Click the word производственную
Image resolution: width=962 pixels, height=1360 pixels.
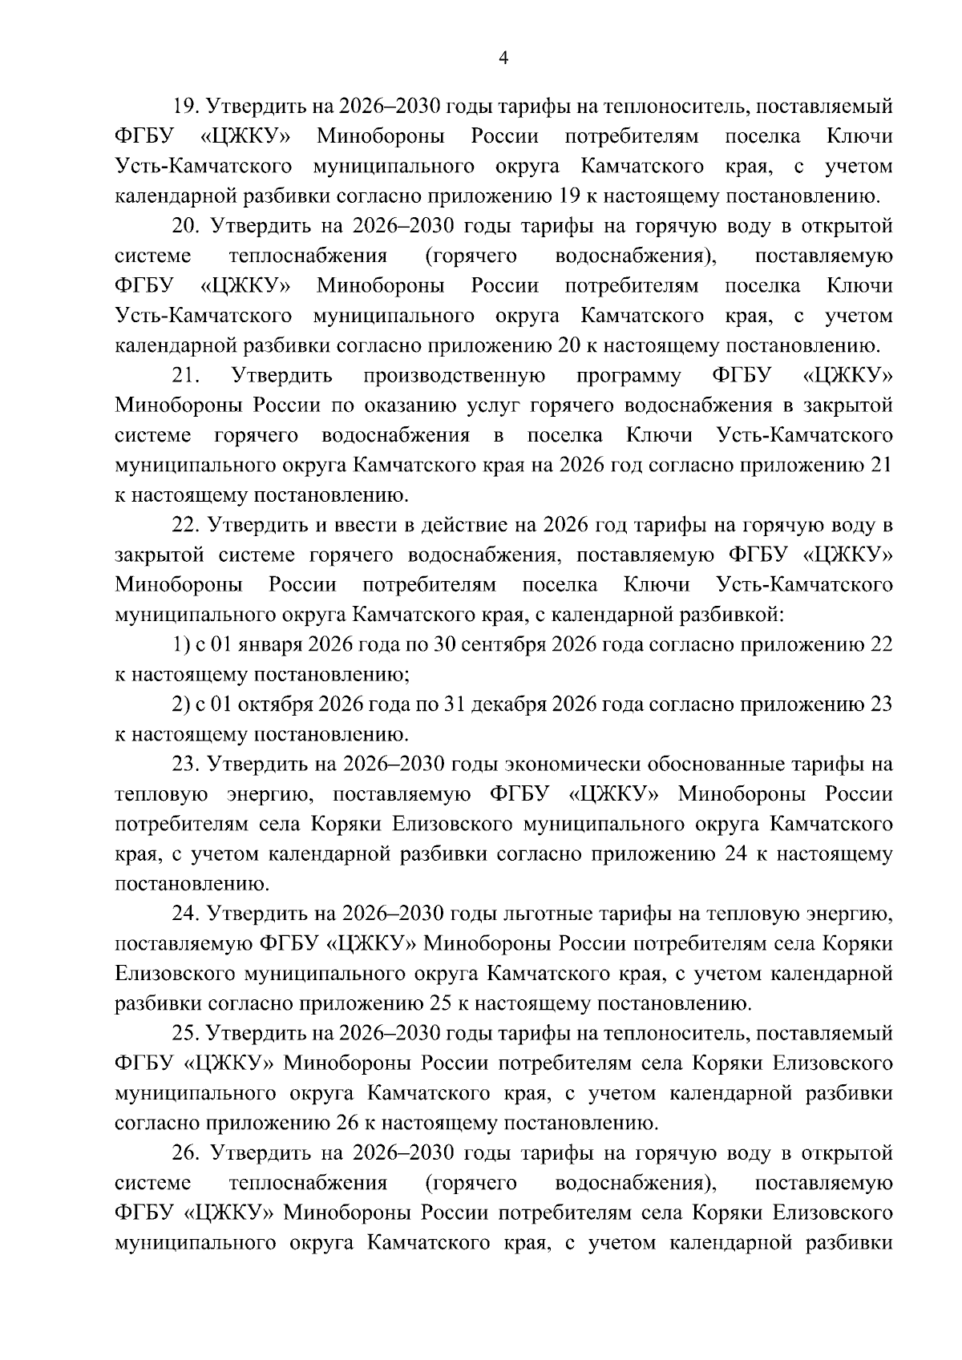(455, 376)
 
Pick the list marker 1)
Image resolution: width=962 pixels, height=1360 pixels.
(180, 645)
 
